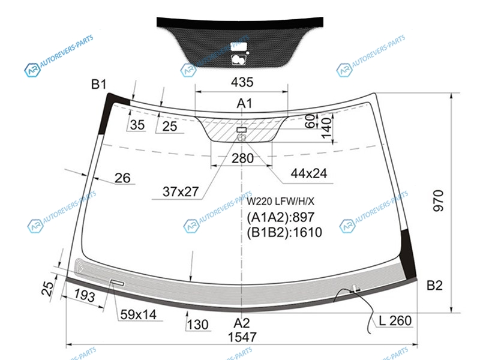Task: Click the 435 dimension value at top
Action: pos(242,82)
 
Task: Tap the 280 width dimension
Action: pos(242,158)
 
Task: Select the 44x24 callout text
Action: pos(308,173)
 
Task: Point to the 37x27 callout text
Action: pos(181,192)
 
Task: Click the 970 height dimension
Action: pos(439,200)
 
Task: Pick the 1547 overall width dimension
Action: pos(242,337)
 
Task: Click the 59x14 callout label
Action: pos(139,314)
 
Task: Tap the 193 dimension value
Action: pos(85,295)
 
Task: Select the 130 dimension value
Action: pos(197,325)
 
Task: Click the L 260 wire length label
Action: pos(395,321)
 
